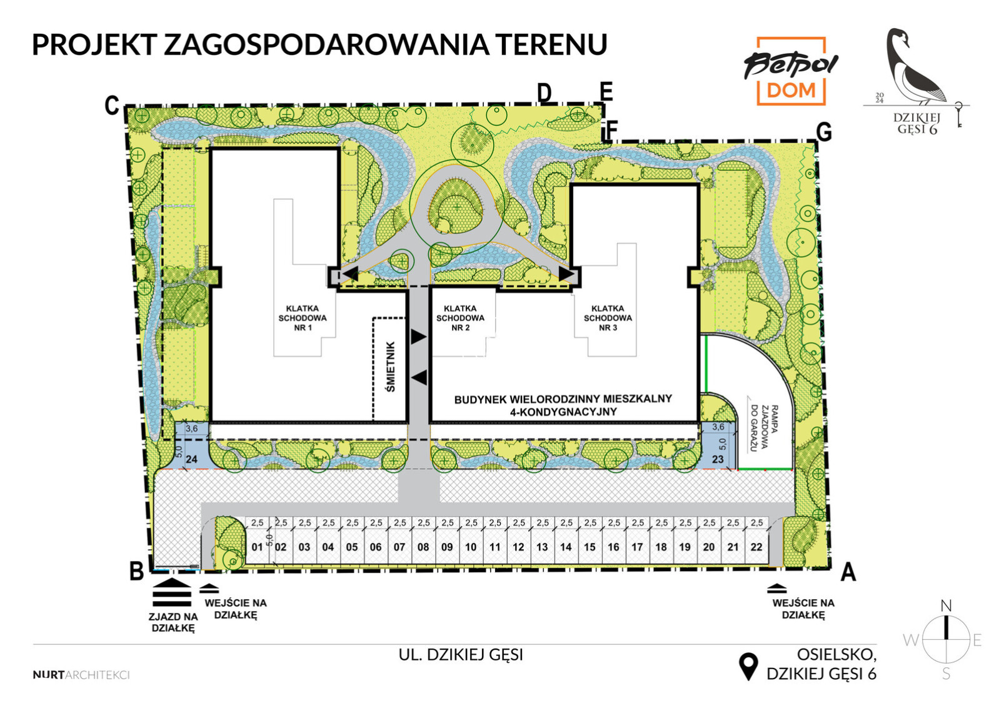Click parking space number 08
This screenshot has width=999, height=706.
(423, 541)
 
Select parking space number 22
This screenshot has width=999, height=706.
(757, 541)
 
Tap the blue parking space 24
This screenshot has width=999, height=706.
(191, 445)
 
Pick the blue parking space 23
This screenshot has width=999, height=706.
(718, 445)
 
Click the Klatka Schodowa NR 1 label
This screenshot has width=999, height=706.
(303, 318)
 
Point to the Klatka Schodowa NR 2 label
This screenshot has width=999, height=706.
(460, 318)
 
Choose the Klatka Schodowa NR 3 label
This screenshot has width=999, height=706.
(608, 318)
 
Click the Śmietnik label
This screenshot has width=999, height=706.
(390, 367)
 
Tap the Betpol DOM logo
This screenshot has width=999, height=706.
(791, 71)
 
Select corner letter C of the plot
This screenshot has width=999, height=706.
(112, 106)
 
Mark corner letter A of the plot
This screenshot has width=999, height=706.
(848, 572)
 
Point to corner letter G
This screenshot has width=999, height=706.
(824, 132)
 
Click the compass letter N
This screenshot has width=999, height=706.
(946, 605)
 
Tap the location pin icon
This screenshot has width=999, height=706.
(748, 667)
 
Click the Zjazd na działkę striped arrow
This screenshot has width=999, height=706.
(172, 593)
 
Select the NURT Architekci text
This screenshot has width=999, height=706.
(81, 675)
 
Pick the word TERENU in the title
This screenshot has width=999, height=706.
(551, 44)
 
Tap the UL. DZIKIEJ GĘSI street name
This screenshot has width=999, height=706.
(461, 655)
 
